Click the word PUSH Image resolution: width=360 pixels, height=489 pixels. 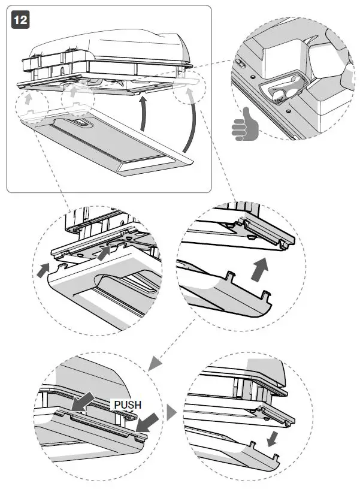pyautogui.click(x=128, y=405)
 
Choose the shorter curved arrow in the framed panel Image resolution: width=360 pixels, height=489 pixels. pyautogui.click(x=142, y=117)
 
